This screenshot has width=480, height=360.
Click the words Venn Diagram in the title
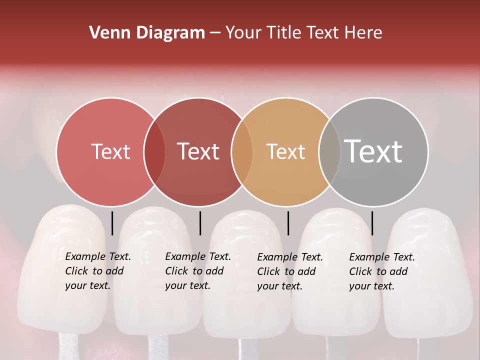(x=147, y=33)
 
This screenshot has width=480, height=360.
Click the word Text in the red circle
(x=110, y=151)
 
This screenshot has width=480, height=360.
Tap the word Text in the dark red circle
(x=198, y=151)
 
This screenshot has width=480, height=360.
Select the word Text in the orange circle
(x=285, y=151)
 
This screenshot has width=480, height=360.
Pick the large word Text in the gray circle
(x=373, y=151)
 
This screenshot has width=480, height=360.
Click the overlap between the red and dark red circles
(x=154, y=152)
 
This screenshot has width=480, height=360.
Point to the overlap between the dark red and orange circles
(x=242, y=152)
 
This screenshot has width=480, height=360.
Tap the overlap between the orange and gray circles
(x=329, y=152)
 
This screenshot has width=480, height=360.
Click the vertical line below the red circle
(x=112, y=223)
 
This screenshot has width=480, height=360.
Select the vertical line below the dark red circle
(x=200, y=223)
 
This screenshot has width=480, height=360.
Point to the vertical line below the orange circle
(x=288, y=223)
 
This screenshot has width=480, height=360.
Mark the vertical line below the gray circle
(x=372, y=223)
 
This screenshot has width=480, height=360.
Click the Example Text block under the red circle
(x=97, y=271)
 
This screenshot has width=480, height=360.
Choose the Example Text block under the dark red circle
(x=197, y=271)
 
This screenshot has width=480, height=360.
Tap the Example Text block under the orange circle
(x=289, y=271)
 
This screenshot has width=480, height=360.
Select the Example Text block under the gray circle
(x=381, y=271)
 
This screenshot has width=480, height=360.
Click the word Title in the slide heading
(x=285, y=33)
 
